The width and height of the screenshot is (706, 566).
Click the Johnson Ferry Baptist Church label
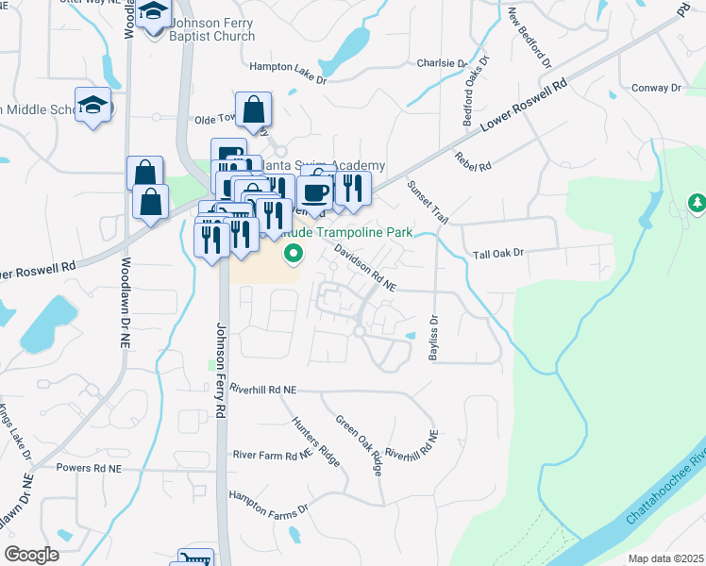click(212, 30)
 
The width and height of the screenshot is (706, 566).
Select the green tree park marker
click(696, 203)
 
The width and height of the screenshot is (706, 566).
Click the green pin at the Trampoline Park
click(294, 252)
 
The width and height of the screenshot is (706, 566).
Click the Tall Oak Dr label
click(497, 254)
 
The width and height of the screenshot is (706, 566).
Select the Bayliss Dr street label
click(434, 337)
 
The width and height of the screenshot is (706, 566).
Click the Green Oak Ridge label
click(360, 445)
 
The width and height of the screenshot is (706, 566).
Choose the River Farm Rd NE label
click(272, 454)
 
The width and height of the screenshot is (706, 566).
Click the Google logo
click(31, 555)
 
